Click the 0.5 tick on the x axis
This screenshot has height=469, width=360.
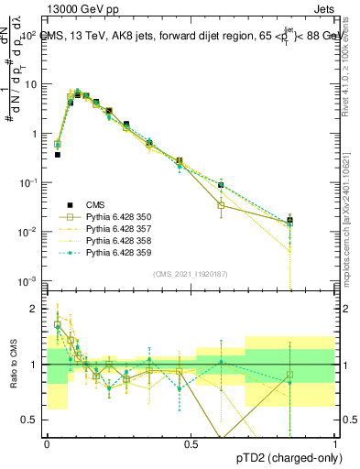coord(191,443)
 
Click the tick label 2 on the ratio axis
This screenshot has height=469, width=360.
coord(36,309)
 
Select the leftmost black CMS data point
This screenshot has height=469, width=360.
coord(57,155)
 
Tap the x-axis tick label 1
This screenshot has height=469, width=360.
coord(336,443)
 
